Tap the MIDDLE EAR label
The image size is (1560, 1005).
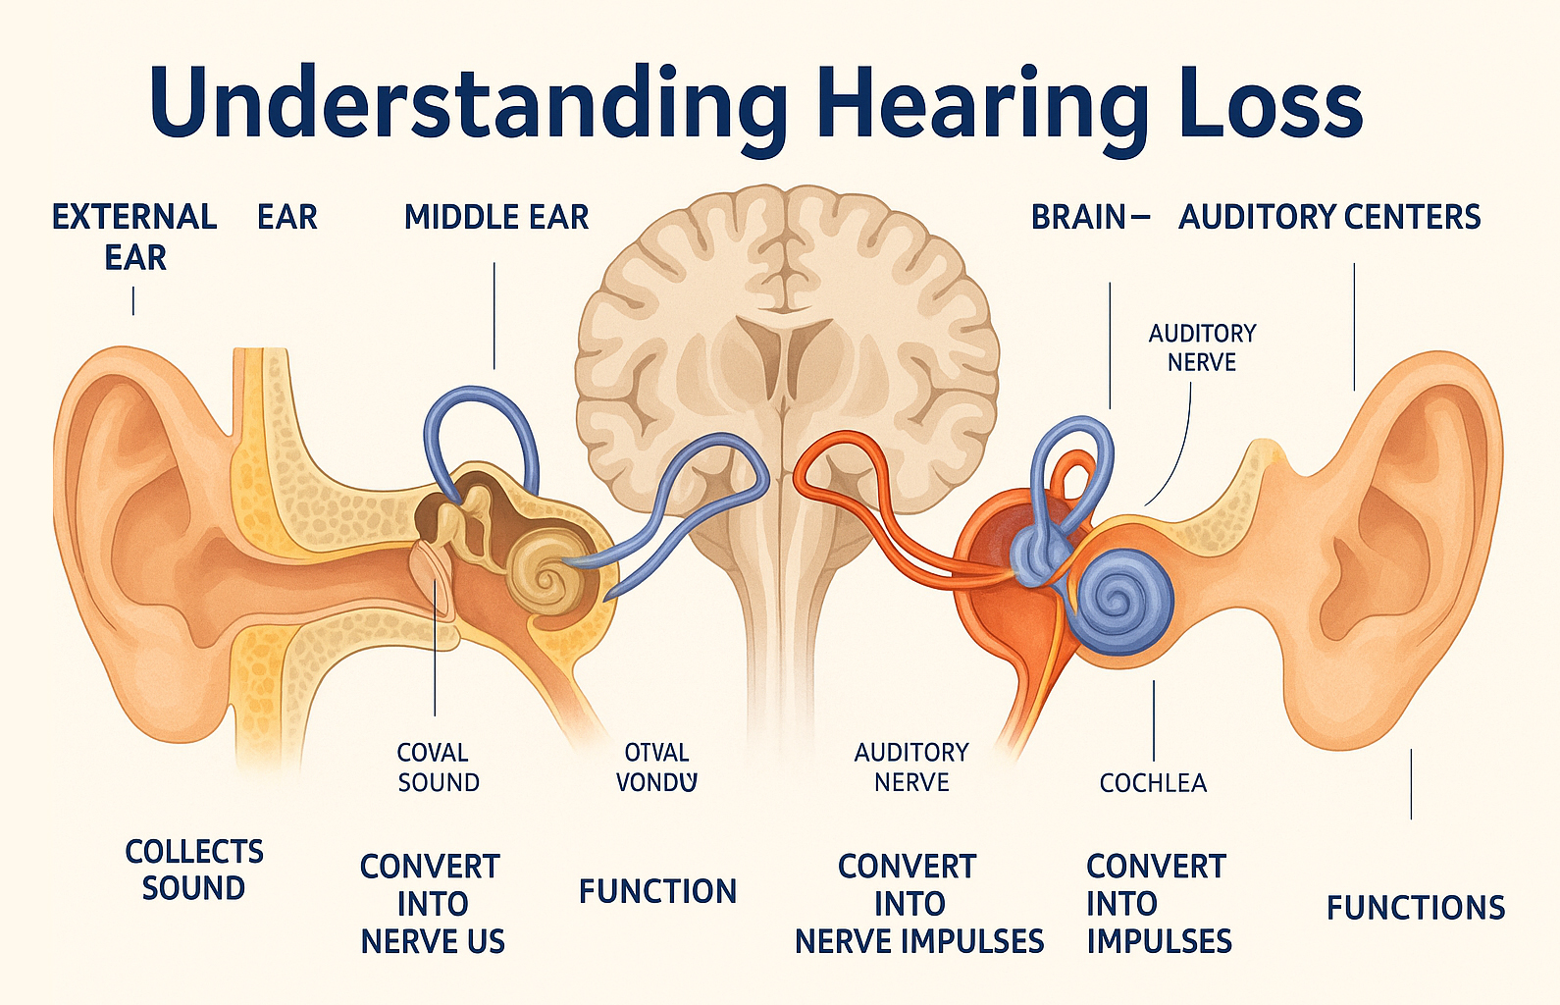(496, 217)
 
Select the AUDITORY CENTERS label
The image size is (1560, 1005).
(1329, 217)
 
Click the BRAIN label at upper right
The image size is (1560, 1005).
(1078, 217)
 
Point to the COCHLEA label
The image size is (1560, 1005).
(1153, 783)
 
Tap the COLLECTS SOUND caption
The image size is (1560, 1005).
(194, 870)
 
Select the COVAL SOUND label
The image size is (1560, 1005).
(438, 767)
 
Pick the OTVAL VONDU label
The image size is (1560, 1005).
(656, 767)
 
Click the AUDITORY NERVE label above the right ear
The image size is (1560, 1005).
(1202, 347)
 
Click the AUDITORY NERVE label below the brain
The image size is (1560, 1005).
(911, 767)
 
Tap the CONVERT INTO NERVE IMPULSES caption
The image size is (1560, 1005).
(918, 904)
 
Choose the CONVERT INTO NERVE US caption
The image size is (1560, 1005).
(432, 904)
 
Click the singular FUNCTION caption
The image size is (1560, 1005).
(657, 891)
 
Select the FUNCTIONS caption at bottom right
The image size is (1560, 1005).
(1415, 908)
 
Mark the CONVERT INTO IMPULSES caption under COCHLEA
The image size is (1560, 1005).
(1158, 904)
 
